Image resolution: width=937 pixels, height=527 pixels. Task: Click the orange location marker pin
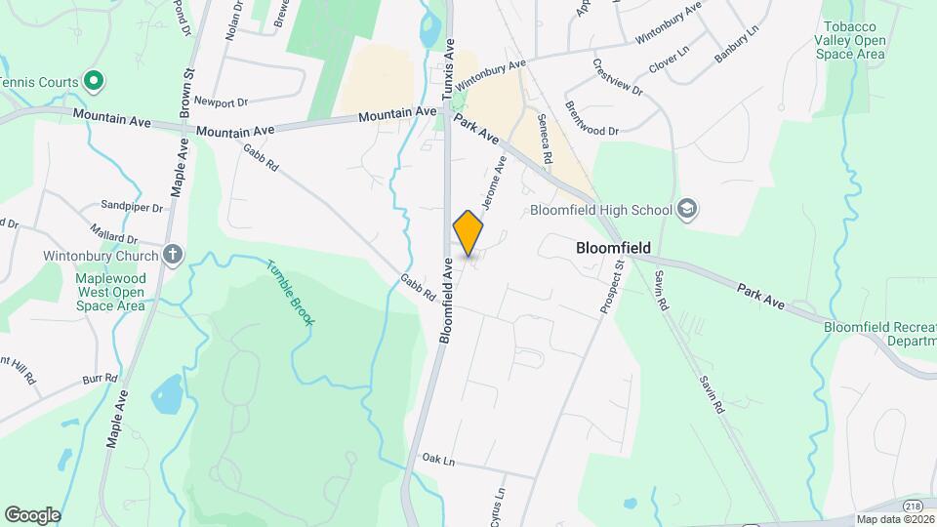point(468,232)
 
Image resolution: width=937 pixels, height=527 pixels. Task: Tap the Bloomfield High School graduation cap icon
point(687,209)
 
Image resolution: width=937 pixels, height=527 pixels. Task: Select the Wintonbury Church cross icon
point(173,256)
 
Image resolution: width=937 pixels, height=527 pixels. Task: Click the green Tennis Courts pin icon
point(94,81)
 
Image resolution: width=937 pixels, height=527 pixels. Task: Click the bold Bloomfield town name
point(613,248)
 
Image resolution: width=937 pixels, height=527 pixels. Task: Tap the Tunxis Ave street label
point(450,71)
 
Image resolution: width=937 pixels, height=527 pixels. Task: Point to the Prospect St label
point(612,286)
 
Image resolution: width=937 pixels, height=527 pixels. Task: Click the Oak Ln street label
point(440,458)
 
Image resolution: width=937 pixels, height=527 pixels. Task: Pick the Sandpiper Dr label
point(132,207)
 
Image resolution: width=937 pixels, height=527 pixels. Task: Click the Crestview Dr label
point(617,77)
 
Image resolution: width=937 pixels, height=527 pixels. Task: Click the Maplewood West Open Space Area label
point(97,292)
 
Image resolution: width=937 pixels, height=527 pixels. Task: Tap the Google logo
point(32,514)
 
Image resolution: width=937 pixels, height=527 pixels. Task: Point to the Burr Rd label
point(100,377)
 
